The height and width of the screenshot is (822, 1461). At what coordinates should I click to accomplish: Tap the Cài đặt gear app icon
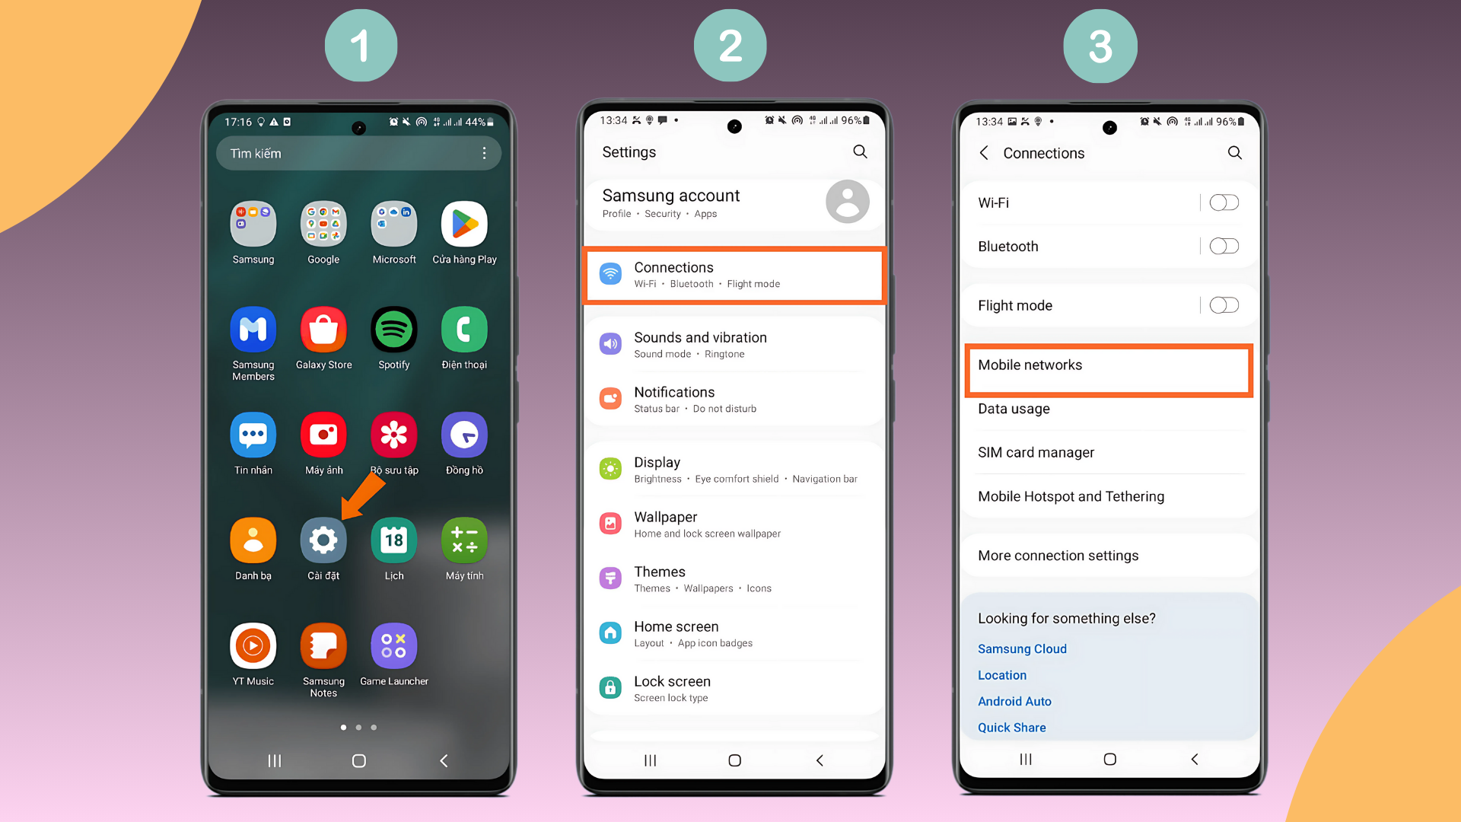click(x=323, y=540)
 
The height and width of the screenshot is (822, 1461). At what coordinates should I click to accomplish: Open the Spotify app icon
click(x=393, y=330)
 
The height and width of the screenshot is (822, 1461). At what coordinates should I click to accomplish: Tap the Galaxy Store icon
click(x=323, y=330)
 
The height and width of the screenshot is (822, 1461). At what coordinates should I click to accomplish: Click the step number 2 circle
click(x=730, y=46)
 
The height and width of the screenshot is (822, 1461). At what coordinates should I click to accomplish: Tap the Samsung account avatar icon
click(x=847, y=202)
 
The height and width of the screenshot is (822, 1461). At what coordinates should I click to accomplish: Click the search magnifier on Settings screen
click(x=860, y=151)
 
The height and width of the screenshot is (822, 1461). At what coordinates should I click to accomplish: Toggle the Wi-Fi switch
click(x=1224, y=202)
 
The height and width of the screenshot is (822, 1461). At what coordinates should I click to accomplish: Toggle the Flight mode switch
click(x=1224, y=305)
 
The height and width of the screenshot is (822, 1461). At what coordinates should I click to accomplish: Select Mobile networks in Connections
click(x=1108, y=366)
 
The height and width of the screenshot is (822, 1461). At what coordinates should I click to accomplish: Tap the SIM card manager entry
click(x=1036, y=452)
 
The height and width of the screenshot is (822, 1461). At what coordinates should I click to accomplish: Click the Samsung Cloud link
click(x=1022, y=648)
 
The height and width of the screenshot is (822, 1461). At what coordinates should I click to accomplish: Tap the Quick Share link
click(x=1011, y=728)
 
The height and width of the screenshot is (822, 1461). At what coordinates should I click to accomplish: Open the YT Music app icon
click(x=253, y=646)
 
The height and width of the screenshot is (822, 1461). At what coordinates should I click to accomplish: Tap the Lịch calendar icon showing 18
click(x=393, y=540)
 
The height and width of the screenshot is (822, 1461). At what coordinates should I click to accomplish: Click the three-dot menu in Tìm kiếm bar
click(x=484, y=153)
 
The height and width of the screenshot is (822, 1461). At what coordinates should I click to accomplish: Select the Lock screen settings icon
click(x=610, y=688)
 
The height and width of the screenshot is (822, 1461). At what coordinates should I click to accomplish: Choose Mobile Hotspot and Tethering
click(x=1071, y=496)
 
